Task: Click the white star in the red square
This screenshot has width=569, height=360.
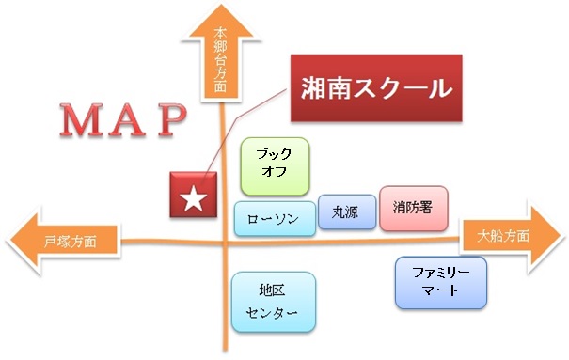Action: (x=194, y=198)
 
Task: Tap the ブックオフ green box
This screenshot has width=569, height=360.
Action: (x=275, y=166)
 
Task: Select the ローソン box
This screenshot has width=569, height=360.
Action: (x=275, y=219)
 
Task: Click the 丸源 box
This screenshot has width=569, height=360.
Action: (x=347, y=212)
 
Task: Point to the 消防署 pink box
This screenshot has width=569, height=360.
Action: (x=414, y=209)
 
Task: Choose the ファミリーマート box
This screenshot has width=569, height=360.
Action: (x=441, y=283)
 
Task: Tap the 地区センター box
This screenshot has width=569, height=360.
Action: (x=274, y=302)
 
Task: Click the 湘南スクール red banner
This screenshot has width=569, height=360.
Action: (x=376, y=88)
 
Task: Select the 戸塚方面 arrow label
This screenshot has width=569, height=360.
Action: (x=70, y=242)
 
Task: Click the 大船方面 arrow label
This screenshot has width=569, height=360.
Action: (x=503, y=236)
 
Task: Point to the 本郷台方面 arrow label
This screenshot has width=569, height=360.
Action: (x=220, y=59)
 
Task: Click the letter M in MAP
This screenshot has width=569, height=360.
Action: (x=81, y=120)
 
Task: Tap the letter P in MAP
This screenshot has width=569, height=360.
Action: (x=172, y=120)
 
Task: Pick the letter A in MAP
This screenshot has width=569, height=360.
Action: (x=127, y=120)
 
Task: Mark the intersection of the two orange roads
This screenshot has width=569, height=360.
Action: (x=225, y=242)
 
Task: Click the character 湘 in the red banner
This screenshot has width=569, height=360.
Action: (x=313, y=88)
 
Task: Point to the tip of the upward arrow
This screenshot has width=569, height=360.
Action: (x=221, y=5)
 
